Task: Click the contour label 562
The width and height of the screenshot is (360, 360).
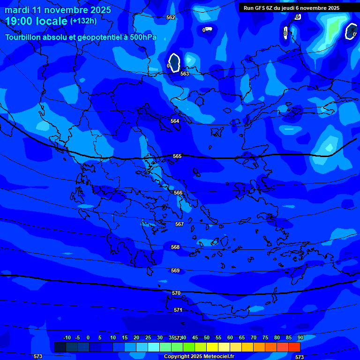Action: pos(171,17)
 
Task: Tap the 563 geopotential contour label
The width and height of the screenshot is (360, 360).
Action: pos(185,74)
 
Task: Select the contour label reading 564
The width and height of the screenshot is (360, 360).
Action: pos(175,121)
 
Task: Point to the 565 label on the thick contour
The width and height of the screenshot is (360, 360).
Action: pos(177,156)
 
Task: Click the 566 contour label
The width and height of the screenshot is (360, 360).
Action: pos(178,193)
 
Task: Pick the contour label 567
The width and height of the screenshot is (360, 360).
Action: pos(180,224)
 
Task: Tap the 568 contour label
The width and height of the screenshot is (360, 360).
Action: pos(175,247)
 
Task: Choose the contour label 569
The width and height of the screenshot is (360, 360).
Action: pos(175,270)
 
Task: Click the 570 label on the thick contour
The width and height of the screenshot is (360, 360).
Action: pos(176,293)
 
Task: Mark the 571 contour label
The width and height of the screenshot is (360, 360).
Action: pos(178,310)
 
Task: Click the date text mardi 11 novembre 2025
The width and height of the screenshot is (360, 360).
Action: pos(58,10)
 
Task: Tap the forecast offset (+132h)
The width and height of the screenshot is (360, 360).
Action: pos(83,21)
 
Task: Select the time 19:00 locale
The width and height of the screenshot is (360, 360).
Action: pos(36,21)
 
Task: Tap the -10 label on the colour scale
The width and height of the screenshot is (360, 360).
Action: pos(67,337)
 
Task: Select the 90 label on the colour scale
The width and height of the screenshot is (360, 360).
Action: pos(300,337)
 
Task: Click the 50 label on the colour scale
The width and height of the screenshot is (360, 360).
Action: pos(207,337)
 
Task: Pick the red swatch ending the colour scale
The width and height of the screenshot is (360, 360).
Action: pos(294,347)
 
